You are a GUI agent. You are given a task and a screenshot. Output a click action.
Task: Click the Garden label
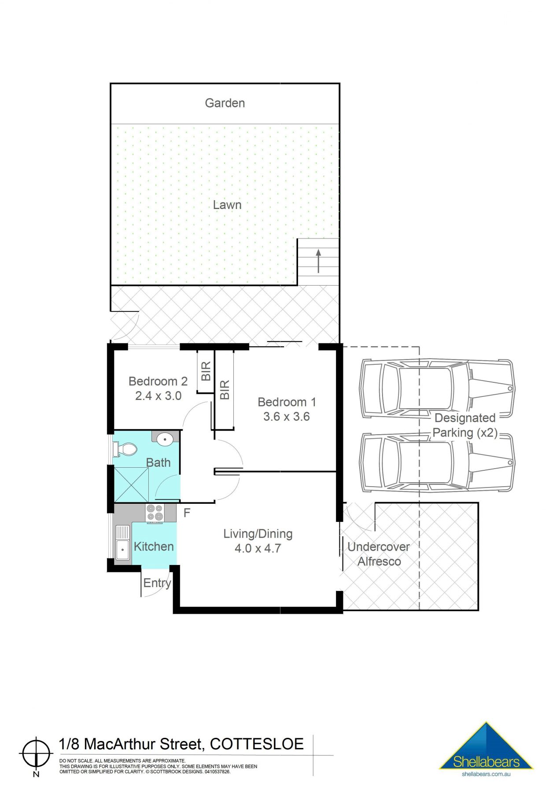coord(225,103)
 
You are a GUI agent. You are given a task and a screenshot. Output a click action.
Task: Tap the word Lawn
coord(227,205)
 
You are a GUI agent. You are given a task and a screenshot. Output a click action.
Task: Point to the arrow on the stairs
coord(318,261)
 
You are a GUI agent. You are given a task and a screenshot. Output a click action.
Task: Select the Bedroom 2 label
coord(158,381)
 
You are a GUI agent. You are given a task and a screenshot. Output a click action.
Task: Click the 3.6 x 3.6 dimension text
coord(287,416)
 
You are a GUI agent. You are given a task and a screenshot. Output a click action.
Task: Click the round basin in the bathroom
coord(165,438)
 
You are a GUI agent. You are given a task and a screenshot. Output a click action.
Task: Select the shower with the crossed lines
coord(131,485)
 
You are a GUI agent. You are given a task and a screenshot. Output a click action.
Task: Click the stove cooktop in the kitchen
coord(155,513)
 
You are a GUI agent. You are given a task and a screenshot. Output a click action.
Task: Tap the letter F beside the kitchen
coord(187,513)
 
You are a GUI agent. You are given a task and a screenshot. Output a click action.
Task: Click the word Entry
coord(157,583)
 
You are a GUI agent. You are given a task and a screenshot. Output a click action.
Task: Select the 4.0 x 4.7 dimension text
coord(258,549)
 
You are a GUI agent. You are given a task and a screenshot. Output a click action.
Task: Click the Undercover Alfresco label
coord(379,554)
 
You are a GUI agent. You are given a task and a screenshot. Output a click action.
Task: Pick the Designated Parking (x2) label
coord(465,425)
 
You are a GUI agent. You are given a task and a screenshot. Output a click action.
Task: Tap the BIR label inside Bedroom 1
coord(225,390)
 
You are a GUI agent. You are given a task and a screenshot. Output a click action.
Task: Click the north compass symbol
coord(36,753)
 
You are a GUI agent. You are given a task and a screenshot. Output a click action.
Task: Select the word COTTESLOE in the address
coord(257,744)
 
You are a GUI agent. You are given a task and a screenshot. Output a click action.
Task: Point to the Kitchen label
coord(154,546)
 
